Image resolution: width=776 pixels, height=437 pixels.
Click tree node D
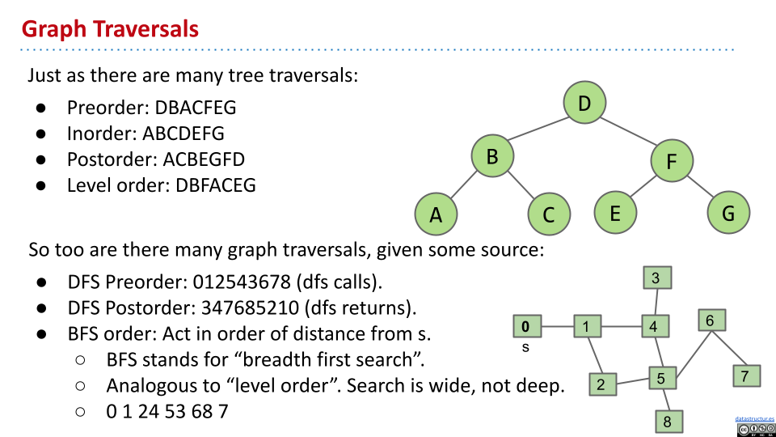pyautogui.click(x=585, y=103)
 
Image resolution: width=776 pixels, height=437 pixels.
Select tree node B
pyautogui.click(x=492, y=155)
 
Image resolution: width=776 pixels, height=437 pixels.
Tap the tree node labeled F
pyautogui.click(x=672, y=161)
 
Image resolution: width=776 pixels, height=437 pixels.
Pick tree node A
pyautogui.click(x=436, y=214)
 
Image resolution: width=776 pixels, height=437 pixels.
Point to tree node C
pyautogui.click(x=549, y=214)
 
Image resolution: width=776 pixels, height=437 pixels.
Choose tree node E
pyautogui.click(x=615, y=213)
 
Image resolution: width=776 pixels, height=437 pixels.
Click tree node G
pyautogui.click(x=728, y=213)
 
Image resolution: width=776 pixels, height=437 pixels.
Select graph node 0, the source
pyautogui.click(x=526, y=327)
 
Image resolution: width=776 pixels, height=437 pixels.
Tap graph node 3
pyautogui.click(x=656, y=278)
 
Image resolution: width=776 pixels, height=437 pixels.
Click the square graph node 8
pyautogui.click(x=668, y=422)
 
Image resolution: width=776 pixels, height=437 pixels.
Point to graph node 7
pyautogui.click(x=746, y=375)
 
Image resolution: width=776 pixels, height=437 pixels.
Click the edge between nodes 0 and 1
pyautogui.click(x=556, y=327)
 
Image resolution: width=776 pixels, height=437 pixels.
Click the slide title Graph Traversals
pyautogui.click(x=110, y=29)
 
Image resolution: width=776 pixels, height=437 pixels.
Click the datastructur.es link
pyautogui.click(x=754, y=418)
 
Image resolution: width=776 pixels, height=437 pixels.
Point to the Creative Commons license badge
pyautogui.click(x=755, y=429)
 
